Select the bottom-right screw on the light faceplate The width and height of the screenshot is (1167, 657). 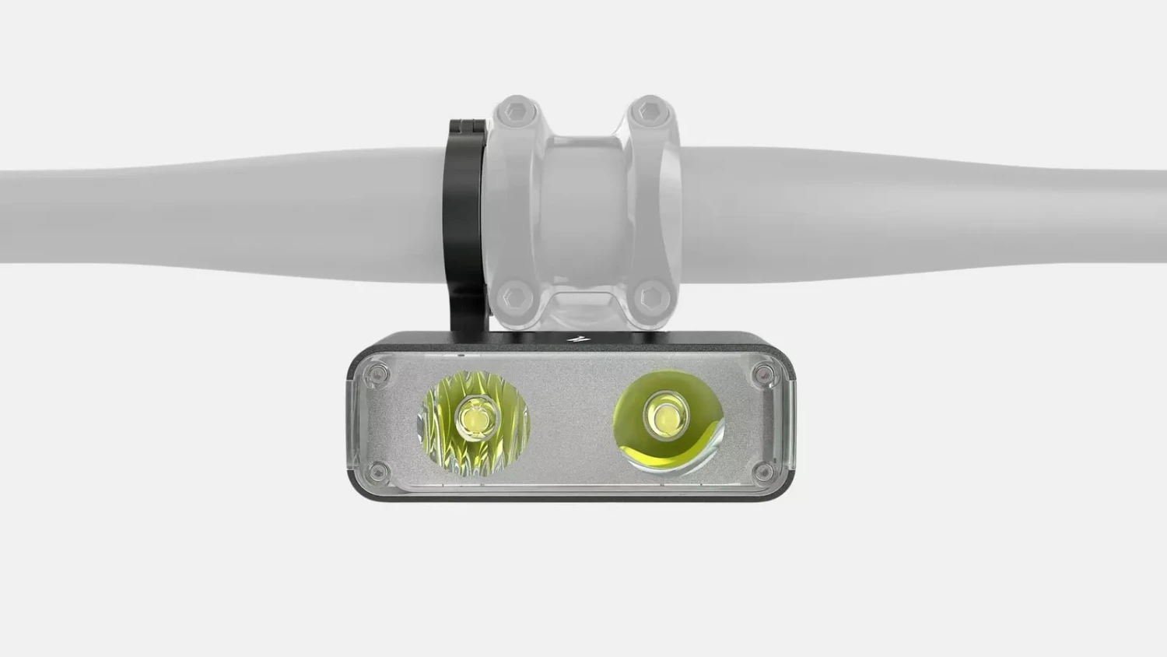tap(762, 471)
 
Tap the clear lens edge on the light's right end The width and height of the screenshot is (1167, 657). tap(786, 424)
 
